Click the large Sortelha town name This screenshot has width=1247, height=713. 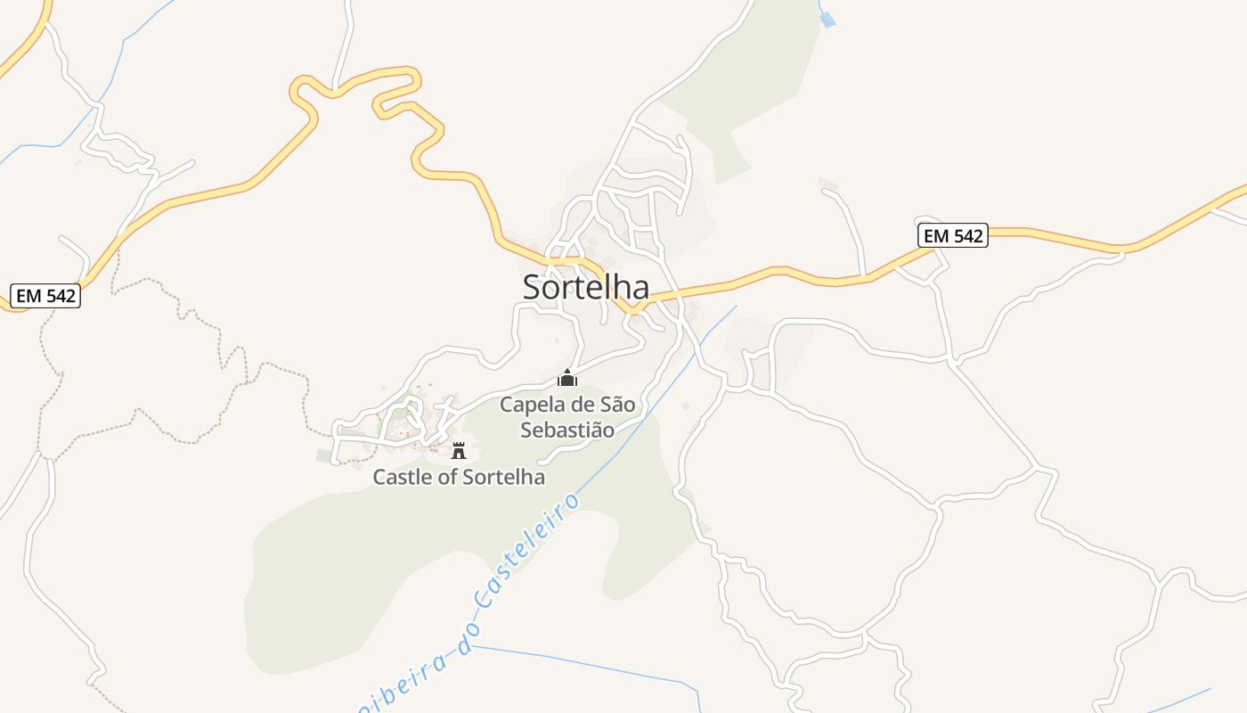[585, 287]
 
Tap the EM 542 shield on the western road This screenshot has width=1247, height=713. [46, 296]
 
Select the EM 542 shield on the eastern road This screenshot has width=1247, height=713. [953, 235]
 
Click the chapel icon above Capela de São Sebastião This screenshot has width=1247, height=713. [567, 378]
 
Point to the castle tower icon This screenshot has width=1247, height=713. [459, 450]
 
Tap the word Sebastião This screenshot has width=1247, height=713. [567, 430]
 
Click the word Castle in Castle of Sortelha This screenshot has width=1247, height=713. [401, 477]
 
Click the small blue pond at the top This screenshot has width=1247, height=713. [828, 19]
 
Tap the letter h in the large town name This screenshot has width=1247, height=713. [620, 287]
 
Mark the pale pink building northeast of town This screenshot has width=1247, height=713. [828, 184]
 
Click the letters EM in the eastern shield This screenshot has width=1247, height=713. [936, 235]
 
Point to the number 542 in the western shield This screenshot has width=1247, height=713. [59, 296]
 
